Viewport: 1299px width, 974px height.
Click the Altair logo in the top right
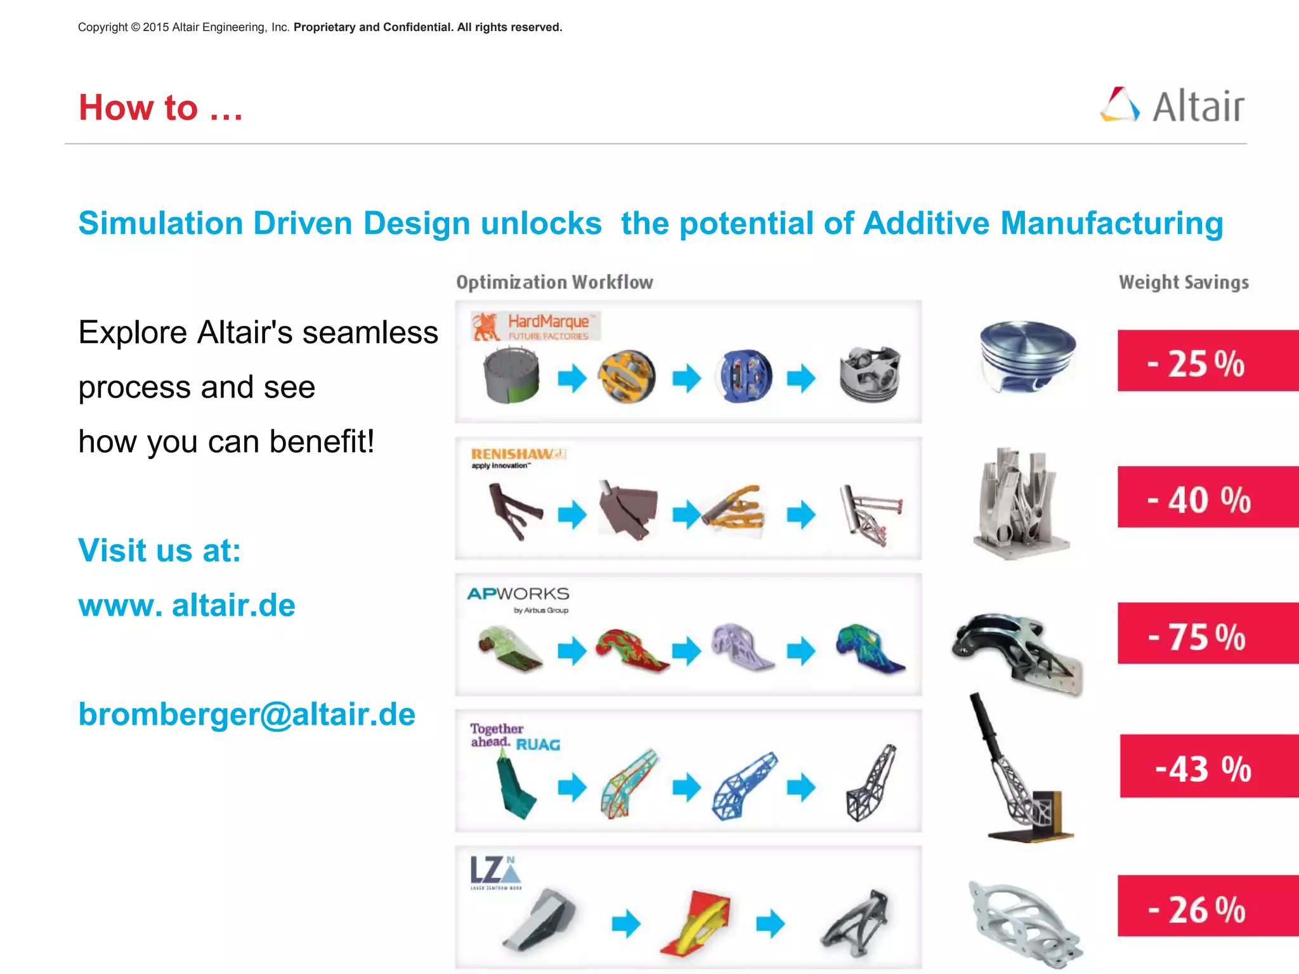1172,106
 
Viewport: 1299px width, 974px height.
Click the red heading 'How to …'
160,107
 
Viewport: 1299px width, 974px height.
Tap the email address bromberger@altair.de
247,714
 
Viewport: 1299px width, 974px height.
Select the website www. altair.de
186,605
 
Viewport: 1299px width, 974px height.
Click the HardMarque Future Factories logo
535,326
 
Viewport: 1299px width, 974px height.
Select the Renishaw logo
517,457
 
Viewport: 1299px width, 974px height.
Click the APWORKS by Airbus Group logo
518,599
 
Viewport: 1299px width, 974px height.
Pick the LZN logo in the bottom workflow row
495,873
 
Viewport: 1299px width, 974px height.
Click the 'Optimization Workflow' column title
554,282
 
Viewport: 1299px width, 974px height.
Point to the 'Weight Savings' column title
1184,282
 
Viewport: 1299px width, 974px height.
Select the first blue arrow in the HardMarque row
572,378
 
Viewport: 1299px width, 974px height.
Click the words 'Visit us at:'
159,550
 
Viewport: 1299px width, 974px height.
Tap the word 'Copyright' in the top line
103,27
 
